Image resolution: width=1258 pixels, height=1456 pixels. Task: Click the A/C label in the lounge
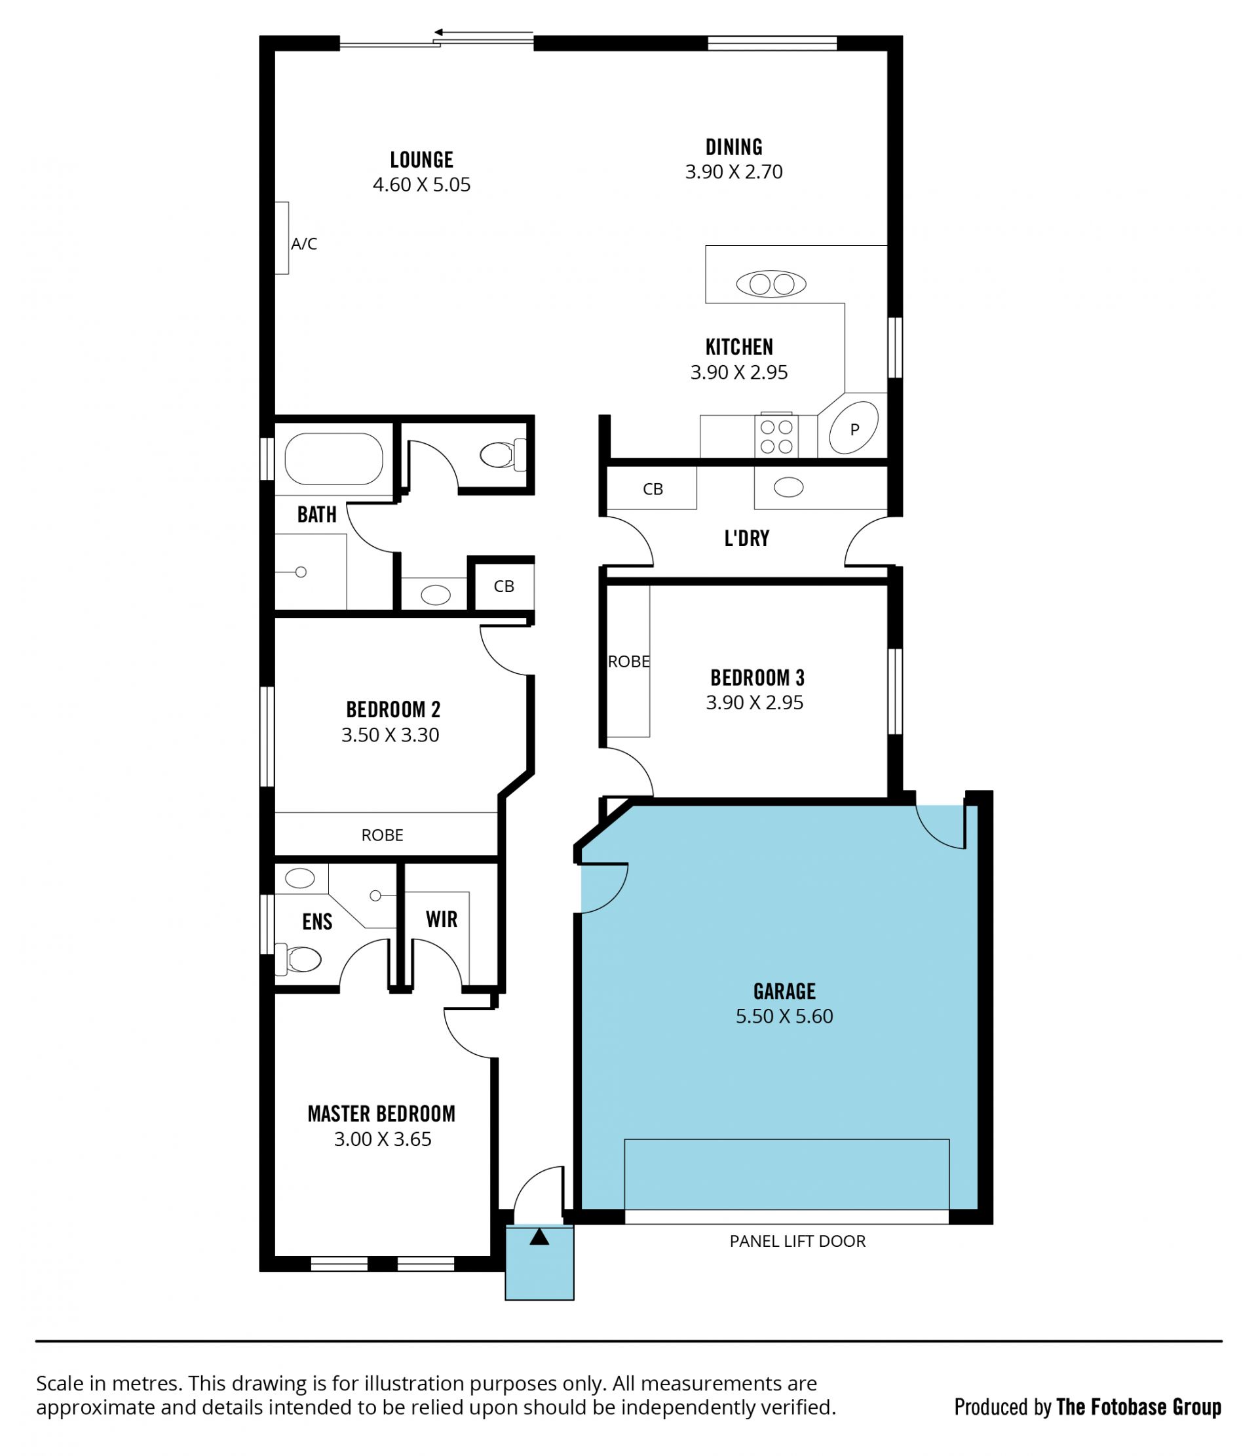(304, 244)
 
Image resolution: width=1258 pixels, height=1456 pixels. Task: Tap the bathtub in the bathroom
(334, 459)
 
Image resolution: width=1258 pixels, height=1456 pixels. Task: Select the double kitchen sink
(771, 284)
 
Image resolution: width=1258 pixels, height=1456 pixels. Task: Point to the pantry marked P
(854, 428)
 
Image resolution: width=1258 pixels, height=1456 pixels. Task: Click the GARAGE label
(784, 991)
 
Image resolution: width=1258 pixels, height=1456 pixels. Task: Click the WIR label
(441, 919)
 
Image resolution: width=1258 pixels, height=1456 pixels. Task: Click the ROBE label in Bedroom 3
(628, 661)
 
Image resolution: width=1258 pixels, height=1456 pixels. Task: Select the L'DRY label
(747, 538)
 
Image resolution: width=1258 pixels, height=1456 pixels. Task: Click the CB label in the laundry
(653, 489)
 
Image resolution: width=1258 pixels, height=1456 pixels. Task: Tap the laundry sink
(788, 487)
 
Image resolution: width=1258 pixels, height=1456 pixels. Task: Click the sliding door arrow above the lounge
(484, 32)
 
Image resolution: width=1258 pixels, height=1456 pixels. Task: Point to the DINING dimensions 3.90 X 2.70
(734, 172)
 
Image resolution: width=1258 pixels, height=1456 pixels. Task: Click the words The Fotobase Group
(1139, 1407)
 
